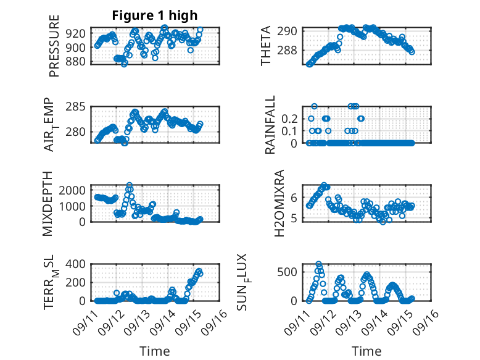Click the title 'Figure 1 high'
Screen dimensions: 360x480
tap(154, 15)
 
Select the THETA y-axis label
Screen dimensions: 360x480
tap(266, 46)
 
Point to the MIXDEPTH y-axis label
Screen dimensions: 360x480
tap(48, 203)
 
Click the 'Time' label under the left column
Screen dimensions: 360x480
tap(154, 351)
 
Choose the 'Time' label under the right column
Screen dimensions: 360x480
tap(366, 351)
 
